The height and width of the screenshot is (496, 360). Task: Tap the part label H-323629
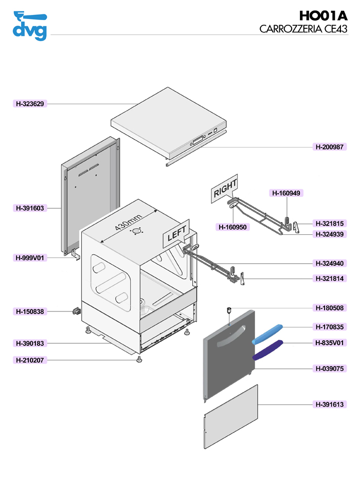pyautogui.click(x=29, y=104)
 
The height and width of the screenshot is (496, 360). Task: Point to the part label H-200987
pyautogui.click(x=330, y=147)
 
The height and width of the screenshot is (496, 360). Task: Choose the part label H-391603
pyautogui.click(x=29, y=208)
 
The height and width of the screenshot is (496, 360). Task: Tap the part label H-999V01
pyautogui.click(x=29, y=258)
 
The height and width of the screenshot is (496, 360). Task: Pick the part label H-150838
pyautogui.click(x=29, y=311)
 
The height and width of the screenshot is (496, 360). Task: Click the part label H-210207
pyautogui.click(x=29, y=361)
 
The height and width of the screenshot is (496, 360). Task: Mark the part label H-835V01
pyautogui.click(x=330, y=343)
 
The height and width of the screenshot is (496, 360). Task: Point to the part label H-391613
pyautogui.click(x=330, y=405)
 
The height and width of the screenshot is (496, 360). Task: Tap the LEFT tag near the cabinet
pyautogui.click(x=176, y=234)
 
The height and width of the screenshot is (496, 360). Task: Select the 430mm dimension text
pyautogui.click(x=128, y=223)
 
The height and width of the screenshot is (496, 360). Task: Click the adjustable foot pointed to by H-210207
pyautogui.click(x=139, y=361)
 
